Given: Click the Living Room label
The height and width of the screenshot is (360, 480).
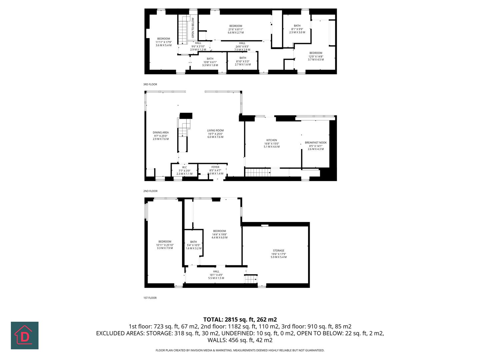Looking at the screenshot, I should tap(215, 134).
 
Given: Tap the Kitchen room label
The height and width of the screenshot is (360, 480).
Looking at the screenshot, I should tap(271, 143).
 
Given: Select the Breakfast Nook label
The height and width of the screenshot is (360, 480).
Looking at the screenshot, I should tap(316, 146).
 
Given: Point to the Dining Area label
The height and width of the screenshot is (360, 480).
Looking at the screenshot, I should tap(161, 136).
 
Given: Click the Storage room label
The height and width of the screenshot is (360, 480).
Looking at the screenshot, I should tap(279, 254).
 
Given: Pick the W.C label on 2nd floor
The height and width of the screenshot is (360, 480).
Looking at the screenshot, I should tap(184, 170).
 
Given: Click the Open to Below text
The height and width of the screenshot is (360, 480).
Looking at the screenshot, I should tap(193, 28).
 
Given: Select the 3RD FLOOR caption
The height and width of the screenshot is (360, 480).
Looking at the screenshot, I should tap(150, 84).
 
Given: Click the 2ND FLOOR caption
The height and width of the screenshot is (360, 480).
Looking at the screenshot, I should tap(150, 191).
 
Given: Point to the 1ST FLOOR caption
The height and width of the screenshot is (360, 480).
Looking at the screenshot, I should tap(150, 298).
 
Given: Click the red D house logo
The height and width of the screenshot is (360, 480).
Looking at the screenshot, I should tap(25, 335).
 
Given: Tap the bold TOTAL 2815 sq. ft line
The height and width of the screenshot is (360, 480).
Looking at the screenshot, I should tap(240, 319).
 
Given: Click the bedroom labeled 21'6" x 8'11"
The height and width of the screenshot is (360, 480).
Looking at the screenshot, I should tap(235, 29).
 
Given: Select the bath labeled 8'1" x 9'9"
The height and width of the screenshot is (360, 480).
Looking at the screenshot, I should tap(297, 29).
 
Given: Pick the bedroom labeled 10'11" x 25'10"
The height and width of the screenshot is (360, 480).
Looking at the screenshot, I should tap(165, 245).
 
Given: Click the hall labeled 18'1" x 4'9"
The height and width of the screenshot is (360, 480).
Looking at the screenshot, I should tap(216, 275).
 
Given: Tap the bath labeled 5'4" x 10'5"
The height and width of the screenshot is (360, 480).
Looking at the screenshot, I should tap(193, 245).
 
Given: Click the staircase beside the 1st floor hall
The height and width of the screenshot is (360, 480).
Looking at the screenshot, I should tap(251, 279).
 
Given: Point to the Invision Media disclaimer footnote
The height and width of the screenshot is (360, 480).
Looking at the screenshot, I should tap(240, 350).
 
